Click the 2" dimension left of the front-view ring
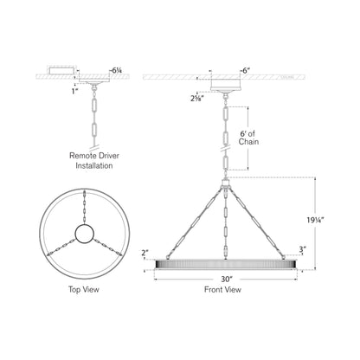click(x=145, y=253)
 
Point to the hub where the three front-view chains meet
click(x=226, y=184)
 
